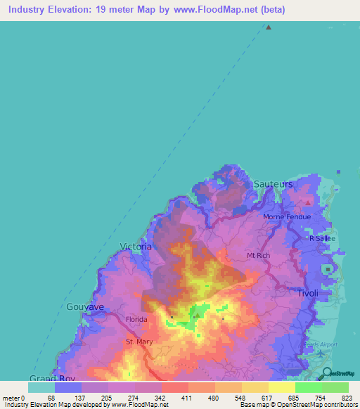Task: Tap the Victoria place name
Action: click(x=136, y=247)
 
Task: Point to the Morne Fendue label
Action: click(x=286, y=217)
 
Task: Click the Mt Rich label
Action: click(x=259, y=256)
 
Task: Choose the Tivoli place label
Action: click(x=307, y=293)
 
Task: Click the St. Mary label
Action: click(x=139, y=342)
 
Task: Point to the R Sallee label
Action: click(x=323, y=238)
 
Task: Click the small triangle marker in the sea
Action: click(x=268, y=27)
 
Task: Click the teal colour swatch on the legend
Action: click(x=41, y=387)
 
